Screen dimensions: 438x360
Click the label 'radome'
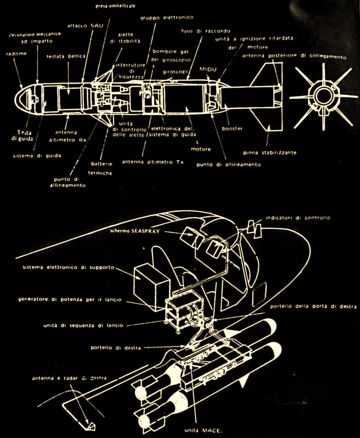tap(15, 54)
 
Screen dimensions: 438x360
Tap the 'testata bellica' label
tap(66, 56)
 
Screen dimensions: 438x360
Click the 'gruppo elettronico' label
tap(167, 18)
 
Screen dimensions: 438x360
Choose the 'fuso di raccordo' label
tap(205, 31)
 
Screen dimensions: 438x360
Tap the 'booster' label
tap(232, 128)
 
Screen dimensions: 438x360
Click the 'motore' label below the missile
tap(201, 149)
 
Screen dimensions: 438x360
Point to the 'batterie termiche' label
tap(100, 168)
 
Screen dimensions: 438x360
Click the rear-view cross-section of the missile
tap(323, 96)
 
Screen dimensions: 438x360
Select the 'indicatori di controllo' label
tap(298, 217)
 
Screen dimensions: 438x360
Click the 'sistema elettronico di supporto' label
tap(68, 267)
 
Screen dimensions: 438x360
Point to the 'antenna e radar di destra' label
tap(69, 378)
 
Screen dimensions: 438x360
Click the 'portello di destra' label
tap(116, 347)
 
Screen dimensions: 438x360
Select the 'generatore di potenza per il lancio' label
tap(70, 299)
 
